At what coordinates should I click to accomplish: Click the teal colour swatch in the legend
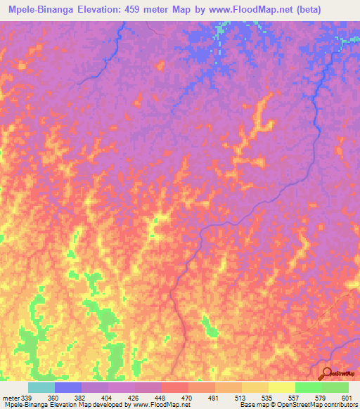(41, 387)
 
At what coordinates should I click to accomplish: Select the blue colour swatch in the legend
(67, 387)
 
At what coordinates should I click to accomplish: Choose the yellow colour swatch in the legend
(281, 387)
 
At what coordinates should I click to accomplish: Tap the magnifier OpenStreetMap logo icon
(327, 373)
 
